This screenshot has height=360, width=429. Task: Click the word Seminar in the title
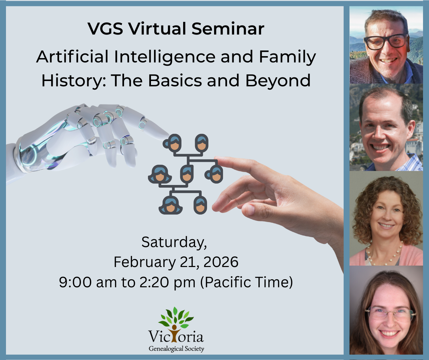pyautogui.click(x=228, y=29)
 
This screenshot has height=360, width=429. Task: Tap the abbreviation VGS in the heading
pyautogui.click(x=106, y=29)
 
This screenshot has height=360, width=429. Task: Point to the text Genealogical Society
pyautogui.click(x=176, y=349)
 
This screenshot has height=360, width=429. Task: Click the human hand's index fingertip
pyautogui.click(x=219, y=161)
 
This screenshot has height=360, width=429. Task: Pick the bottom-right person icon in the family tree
pyautogui.click(x=200, y=205)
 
